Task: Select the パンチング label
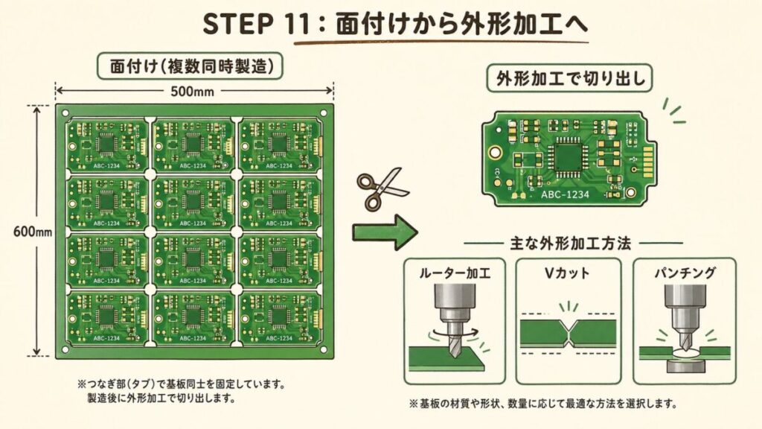(684, 273)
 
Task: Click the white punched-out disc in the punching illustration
(684, 351)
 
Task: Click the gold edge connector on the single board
(647, 159)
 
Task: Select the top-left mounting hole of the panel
(63, 112)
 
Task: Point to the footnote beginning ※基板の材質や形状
(542, 404)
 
